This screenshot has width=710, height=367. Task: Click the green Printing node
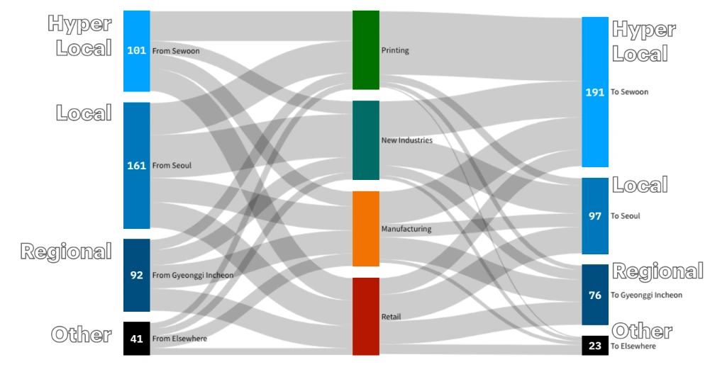(x=366, y=50)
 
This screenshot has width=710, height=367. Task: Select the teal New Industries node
(x=366, y=140)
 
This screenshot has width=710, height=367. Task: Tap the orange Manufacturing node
(x=366, y=229)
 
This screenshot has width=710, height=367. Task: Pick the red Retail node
(x=366, y=316)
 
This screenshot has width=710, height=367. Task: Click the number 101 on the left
(x=136, y=51)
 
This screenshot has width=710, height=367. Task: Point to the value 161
(x=136, y=166)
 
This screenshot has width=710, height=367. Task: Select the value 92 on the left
(x=136, y=276)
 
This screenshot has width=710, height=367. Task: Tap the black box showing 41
(x=136, y=339)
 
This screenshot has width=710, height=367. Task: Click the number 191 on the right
(x=595, y=92)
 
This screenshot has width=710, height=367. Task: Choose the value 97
(x=595, y=216)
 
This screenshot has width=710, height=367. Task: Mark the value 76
(x=595, y=295)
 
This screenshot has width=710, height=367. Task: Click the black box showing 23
(x=595, y=346)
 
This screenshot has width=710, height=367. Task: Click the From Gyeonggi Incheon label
(x=193, y=276)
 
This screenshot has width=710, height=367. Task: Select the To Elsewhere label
(x=633, y=346)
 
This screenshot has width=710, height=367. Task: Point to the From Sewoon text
(x=176, y=51)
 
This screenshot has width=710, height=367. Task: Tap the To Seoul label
(x=626, y=216)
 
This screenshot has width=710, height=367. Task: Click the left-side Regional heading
(x=66, y=252)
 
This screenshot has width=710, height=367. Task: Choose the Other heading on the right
(x=642, y=331)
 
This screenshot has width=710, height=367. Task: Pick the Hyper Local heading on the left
(x=80, y=36)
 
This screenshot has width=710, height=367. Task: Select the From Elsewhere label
(x=180, y=339)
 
